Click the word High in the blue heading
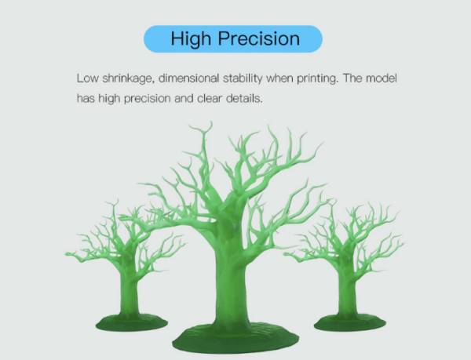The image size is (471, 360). coord(191,39)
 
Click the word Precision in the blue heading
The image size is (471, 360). coord(259,38)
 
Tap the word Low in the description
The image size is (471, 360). coord(88,78)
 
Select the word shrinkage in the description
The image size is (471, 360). coord(129,79)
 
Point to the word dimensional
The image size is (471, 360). coord(188,78)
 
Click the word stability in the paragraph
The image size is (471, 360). coord(243,79)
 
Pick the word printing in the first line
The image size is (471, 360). coord(318,79)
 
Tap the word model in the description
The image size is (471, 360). coord(382,78)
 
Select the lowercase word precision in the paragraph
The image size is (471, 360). coord(148,99)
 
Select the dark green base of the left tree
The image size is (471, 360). coord(132,322)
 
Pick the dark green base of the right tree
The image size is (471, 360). coord(350,322)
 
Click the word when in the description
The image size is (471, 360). coord(279,78)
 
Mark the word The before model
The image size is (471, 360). coord(352,78)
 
